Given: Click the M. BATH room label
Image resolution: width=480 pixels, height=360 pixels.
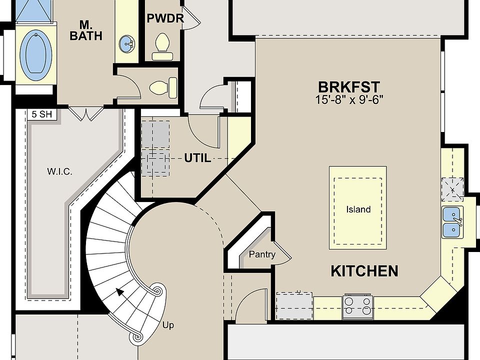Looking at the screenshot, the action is pos(86,30).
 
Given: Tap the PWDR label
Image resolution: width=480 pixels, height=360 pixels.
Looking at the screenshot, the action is pos(165,18).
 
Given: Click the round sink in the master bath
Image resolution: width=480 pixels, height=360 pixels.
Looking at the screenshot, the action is pos(126,44).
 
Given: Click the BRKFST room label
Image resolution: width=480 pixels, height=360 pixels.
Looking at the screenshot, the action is pos(349,87).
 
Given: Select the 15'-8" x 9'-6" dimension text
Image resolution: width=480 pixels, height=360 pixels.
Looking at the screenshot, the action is pos(349,100).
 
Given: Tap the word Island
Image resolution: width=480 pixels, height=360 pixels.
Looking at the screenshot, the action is pos(358,209).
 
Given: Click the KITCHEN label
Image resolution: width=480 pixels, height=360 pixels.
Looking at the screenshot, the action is pos(364,271).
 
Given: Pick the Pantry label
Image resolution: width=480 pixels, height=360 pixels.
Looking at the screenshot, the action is pos(262,254).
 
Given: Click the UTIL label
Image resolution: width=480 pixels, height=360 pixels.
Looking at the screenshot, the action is pos(197,158).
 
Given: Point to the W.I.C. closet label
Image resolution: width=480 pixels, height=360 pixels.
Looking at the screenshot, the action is pos(59,171).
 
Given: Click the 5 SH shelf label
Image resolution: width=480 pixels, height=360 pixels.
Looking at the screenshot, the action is pos(42,114).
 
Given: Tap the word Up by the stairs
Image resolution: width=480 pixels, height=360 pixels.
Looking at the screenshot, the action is pos(168,325).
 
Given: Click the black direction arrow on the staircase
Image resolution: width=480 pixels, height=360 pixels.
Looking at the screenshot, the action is pos(119,292).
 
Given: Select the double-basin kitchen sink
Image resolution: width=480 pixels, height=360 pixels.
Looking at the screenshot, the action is pos(452,222).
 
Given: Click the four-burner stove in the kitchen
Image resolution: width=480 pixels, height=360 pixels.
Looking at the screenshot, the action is pos(358,306).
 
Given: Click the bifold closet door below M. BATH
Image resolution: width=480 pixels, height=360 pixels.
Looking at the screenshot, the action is pos(85,113).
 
